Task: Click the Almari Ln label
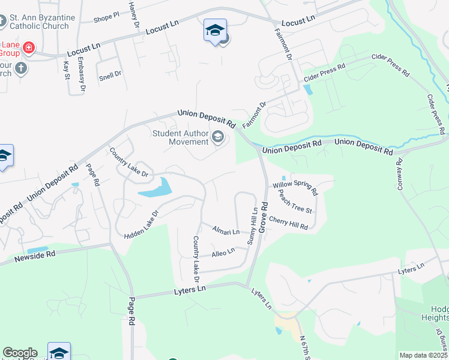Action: point(226,230)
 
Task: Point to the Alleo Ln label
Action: point(223,254)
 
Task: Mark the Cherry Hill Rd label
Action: point(288,223)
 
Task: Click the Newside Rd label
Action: point(34,256)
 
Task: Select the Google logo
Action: point(20,353)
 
